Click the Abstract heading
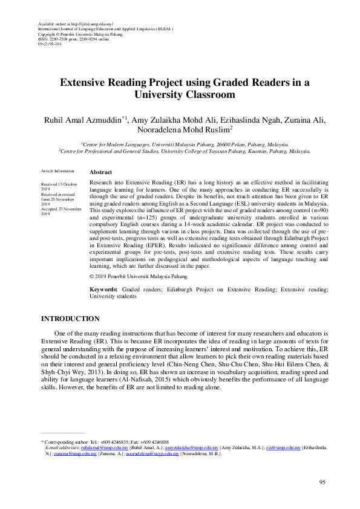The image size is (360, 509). tap(100, 172)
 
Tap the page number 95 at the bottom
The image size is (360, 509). tap(322, 482)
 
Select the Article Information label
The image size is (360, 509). tap(57, 172)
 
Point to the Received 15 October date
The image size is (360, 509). tap(59, 183)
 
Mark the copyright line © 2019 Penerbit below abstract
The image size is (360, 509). tap(138, 276)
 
